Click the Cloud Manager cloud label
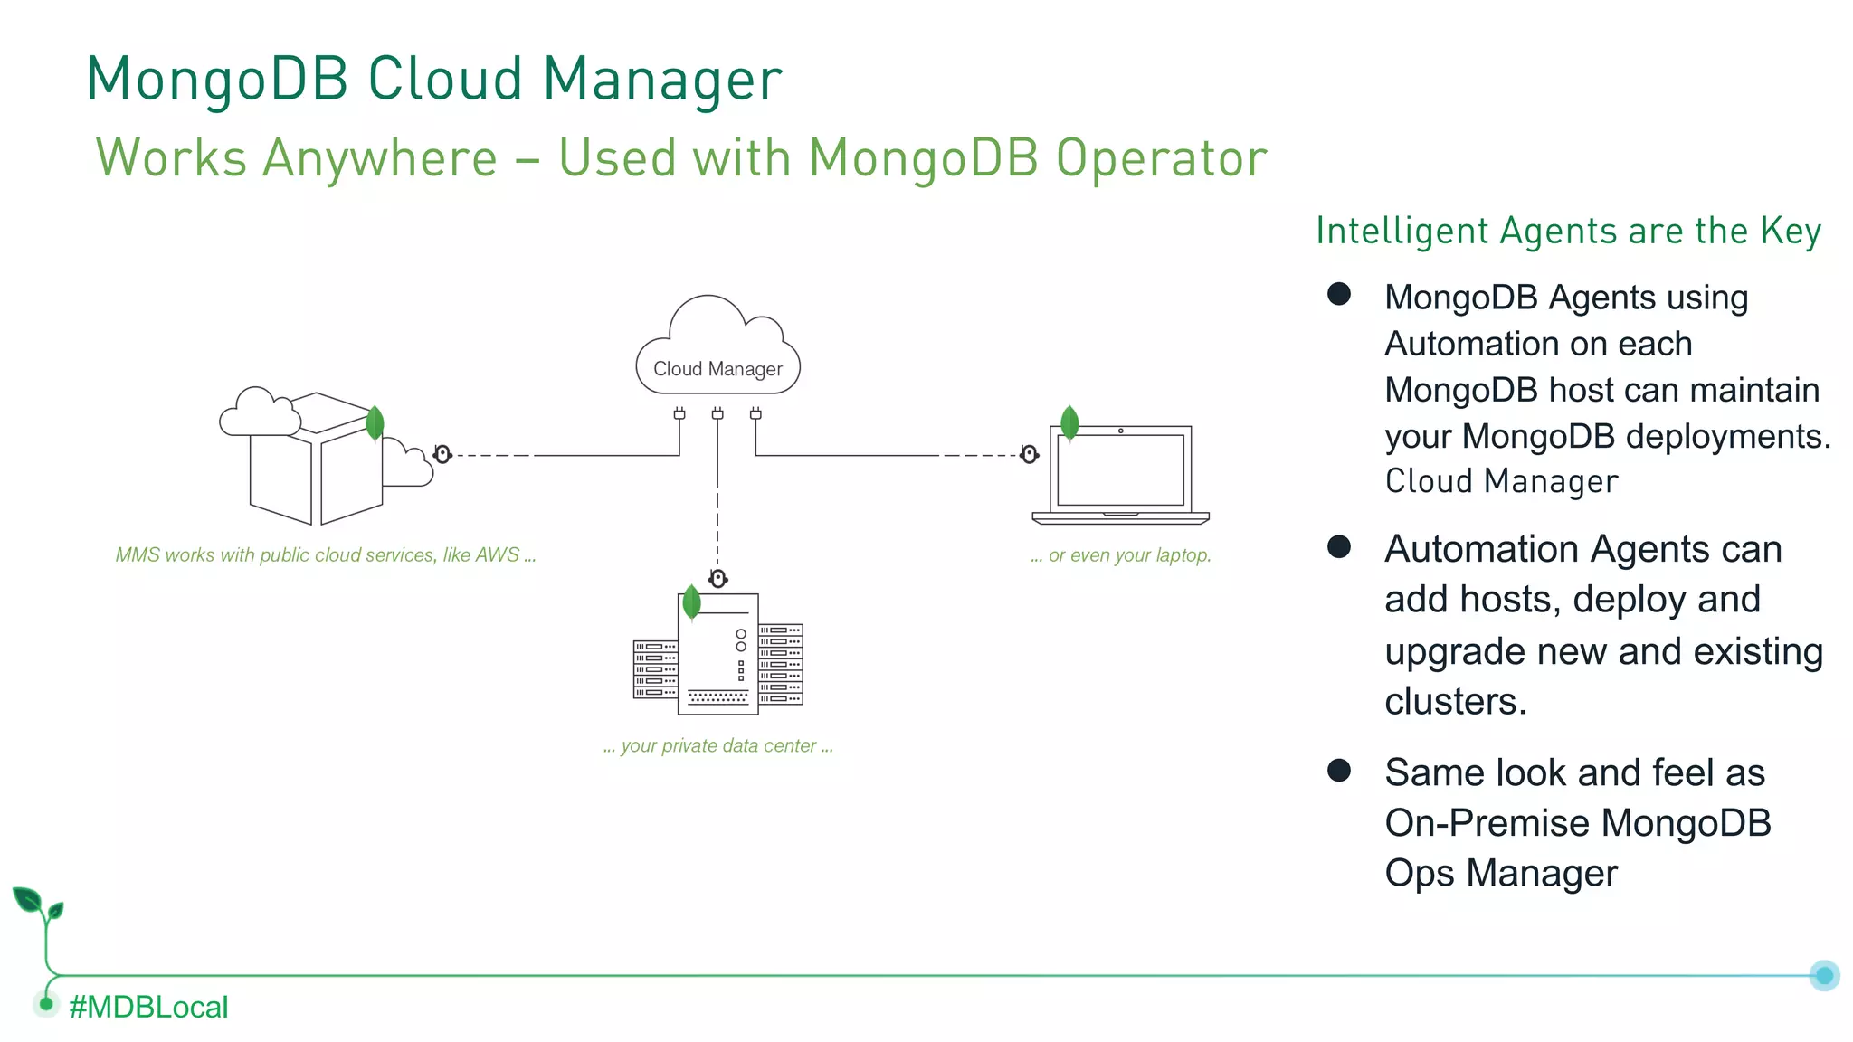pyautogui.click(x=717, y=369)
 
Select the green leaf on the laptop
pyautogui.click(x=1069, y=422)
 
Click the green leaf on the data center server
pyautogui.click(x=691, y=602)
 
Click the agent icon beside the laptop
pyautogui.click(x=1029, y=454)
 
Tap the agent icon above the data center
pyautogui.click(x=718, y=579)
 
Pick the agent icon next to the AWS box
pyautogui.click(x=442, y=454)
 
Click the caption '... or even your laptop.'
pyautogui.click(x=1120, y=555)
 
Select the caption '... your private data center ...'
pyautogui.click(x=717, y=746)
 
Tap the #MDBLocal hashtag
pyautogui.click(x=148, y=1007)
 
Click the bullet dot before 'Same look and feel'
pyautogui.click(x=1339, y=771)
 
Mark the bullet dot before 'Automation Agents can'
pyautogui.click(x=1339, y=546)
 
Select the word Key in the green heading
pyautogui.click(x=1790, y=232)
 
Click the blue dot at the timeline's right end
pyautogui.click(x=1824, y=975)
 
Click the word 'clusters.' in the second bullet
pyautogui.click(x=1455, y=702)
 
